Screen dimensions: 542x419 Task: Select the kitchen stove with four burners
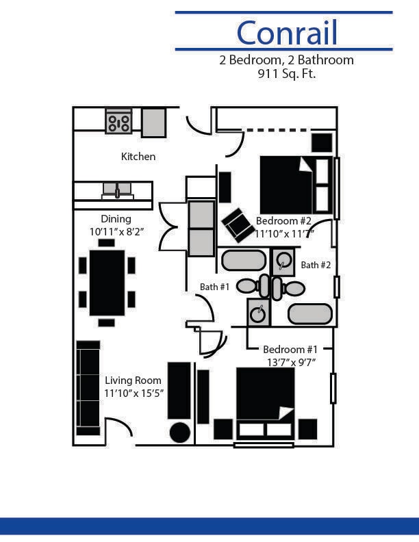[x=118, y=122]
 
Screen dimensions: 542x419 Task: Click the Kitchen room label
[x=138, y=157]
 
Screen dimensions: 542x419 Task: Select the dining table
[x=107, y=283]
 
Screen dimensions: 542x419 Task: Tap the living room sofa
[x=88, y=388]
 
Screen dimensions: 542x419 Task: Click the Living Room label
[x=133, y=380]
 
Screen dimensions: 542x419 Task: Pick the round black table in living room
[x=179, y=433]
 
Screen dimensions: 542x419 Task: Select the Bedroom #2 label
[x=283, y=221]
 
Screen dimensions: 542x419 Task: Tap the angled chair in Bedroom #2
[x=238, y=224]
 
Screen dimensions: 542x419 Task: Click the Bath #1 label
[x=214, y=287]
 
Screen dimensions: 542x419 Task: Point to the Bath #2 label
[x=316, y=265]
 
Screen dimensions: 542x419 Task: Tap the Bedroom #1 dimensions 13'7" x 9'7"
[x=291, y=362]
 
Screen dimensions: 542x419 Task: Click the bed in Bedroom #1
[x=265, y=403]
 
